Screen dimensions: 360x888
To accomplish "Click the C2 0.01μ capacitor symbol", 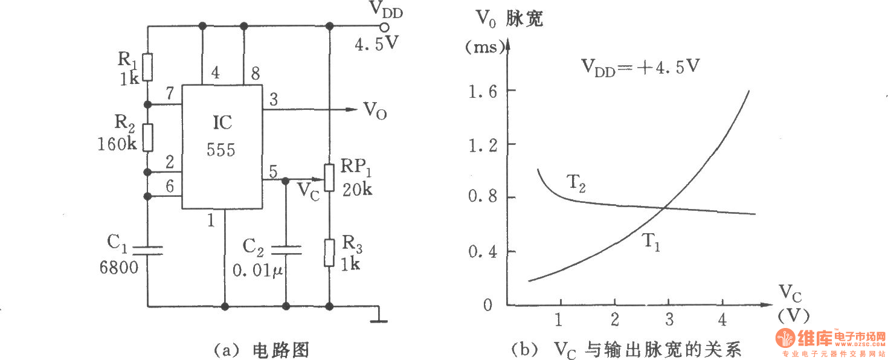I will (286, 250).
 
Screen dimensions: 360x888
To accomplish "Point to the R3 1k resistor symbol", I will (329, 252).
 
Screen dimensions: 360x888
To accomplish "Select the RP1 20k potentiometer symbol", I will (329, 177).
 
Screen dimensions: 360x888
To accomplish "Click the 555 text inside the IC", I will (220, 150).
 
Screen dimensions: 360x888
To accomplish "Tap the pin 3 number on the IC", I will (274, 100).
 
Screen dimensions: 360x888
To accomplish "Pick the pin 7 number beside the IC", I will (170, 94).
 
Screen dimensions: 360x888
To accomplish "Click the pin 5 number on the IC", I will (273, 171).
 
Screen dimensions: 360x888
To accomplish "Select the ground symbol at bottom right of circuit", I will (379, 315).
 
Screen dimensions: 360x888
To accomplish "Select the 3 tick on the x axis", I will (669, 318).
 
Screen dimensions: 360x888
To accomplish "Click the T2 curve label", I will (575, 182).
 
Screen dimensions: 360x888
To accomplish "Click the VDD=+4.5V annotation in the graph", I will (640, 66).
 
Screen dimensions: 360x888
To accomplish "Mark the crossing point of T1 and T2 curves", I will (664, 208).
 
